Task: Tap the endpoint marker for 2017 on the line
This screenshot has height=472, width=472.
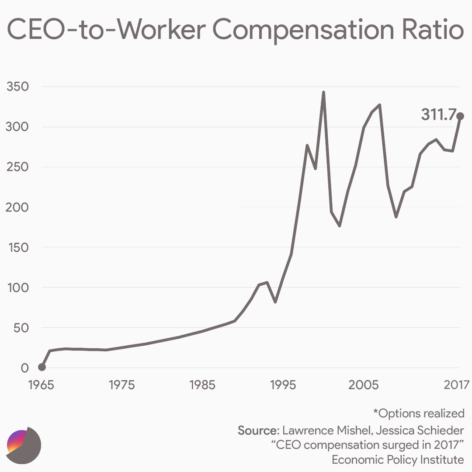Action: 460,116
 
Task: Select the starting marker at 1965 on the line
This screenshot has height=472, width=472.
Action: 42,367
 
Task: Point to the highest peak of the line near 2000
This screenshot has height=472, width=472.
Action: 323,92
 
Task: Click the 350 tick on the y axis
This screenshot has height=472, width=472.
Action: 17,87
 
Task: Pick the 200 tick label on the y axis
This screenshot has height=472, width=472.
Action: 17,207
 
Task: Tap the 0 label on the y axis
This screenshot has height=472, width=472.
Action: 24,368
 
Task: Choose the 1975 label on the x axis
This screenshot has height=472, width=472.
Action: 122,385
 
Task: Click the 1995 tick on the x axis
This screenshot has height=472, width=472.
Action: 283,385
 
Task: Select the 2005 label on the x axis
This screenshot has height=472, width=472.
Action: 363,385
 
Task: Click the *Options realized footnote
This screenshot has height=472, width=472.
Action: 418,413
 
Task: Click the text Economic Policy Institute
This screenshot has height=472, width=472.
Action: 398,460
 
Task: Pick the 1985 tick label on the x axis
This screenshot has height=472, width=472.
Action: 202,385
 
